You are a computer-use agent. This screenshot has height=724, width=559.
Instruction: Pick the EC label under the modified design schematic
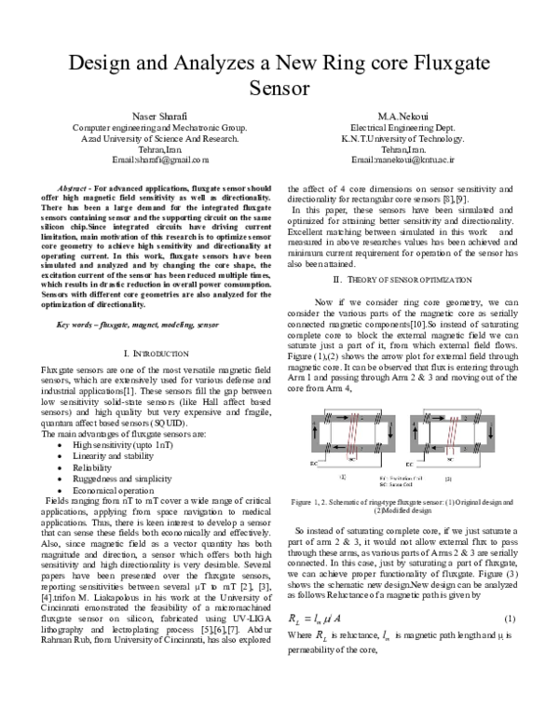[x=410, y=464]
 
